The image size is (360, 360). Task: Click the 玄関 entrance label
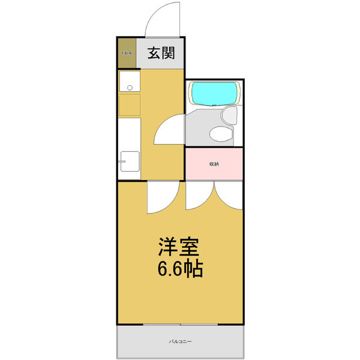click(161, 53)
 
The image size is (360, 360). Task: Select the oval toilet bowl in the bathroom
click(221, 134)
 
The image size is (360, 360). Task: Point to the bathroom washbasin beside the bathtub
click(229, 115)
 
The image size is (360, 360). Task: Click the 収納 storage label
click(214, 164)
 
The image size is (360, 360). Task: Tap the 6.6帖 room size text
click(180, 269)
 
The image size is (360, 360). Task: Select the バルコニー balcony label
click(180, 341)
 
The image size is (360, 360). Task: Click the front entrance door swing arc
click(163, 18)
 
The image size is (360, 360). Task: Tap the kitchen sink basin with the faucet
click(129, 161)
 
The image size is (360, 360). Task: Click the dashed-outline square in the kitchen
click(129, 104)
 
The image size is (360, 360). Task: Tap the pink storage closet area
click(214, 172)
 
